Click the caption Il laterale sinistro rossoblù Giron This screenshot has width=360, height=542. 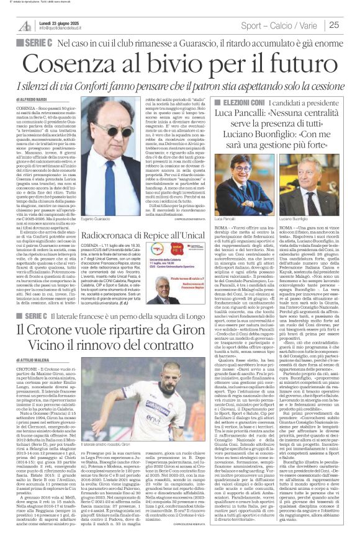(122, 427)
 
